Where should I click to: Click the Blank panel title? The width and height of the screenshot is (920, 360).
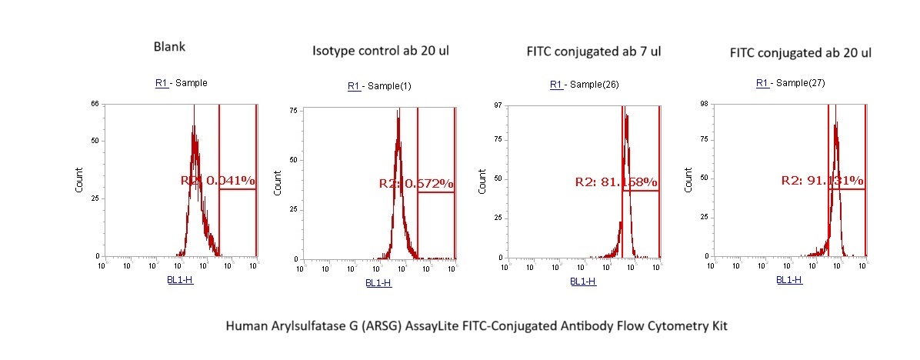click(x=170, y=47)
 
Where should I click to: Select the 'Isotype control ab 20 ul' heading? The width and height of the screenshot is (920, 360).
click(x=381, y=52)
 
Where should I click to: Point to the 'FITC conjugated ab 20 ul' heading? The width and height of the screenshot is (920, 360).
click(x=800, y=53)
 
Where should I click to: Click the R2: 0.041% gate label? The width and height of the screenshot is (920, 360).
click(x=218, y=181)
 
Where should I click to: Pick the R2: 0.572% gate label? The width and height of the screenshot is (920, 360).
click(x=416, y=184)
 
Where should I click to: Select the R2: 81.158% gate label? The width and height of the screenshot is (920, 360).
click(x=616, y=182)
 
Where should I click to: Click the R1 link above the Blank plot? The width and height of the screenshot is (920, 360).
click(x=162, y=83)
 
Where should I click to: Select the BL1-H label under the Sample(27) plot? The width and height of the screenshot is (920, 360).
click(x=789, y=281)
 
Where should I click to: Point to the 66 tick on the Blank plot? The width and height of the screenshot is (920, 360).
click(x=95, y=103)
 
